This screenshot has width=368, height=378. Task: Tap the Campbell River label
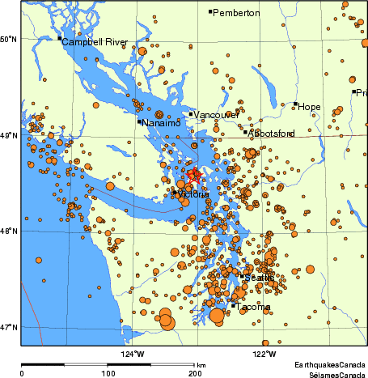pos(95,41)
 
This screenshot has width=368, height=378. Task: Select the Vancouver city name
pos(217,115)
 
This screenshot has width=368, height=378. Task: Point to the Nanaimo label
pos(162,123)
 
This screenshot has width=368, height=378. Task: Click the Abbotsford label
pos(272,133)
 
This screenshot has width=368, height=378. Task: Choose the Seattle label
pos(259,278)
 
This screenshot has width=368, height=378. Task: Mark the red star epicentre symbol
pos(194,174)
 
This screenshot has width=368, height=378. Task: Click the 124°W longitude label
pos(133,354)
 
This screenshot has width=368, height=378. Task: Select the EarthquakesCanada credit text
pos(329,365)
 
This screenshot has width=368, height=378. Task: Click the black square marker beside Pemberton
pos(210,12)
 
